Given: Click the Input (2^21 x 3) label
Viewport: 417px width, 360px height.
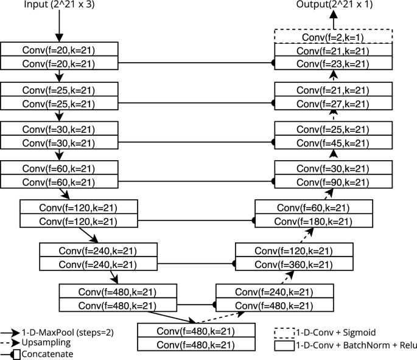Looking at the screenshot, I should pos(60,5).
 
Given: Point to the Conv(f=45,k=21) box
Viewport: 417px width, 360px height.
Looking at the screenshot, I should pos(333,143).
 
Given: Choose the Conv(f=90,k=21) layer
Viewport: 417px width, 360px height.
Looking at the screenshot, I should pos(333,182).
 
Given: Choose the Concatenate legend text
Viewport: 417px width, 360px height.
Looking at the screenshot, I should pos(47,353).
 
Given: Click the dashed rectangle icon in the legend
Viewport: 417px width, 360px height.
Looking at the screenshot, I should pos(284,333).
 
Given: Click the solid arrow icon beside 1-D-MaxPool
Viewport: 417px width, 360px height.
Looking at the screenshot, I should pos(10,333).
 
